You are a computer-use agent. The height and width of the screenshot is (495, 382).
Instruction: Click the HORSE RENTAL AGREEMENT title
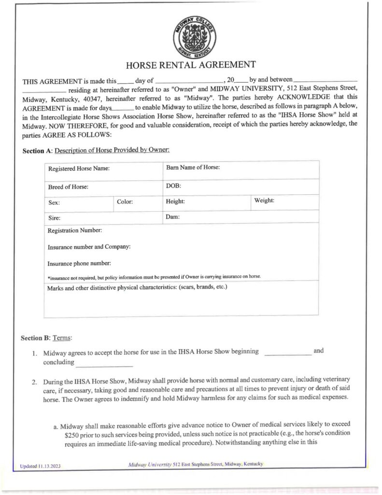click(x=190, y=65)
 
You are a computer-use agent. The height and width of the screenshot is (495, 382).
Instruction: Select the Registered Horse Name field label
click(x=79, y=169)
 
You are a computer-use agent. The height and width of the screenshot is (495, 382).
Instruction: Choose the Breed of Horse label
click(x=68, y=186)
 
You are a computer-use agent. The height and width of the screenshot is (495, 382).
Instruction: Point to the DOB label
click(x=173, y=185)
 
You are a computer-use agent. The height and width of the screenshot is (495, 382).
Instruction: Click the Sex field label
click(x=54, y=203)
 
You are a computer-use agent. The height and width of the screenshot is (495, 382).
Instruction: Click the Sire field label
click(x=54, y=218)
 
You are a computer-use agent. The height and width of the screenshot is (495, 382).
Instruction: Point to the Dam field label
click(x=173, y=218)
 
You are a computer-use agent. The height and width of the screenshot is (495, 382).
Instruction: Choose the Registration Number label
click(x=74, y=230)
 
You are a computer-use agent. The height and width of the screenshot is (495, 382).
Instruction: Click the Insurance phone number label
click(x=79, y=263)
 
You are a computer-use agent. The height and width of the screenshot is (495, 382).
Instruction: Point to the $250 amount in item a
click(x=72, y=434)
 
